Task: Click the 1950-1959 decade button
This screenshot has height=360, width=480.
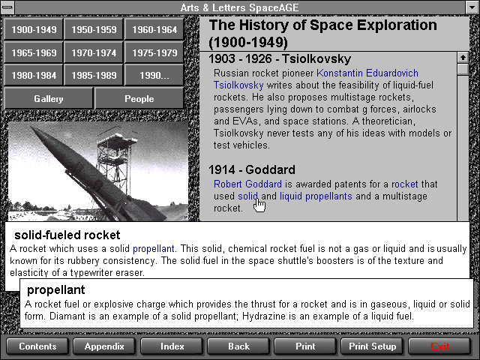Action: (x=94, y=29)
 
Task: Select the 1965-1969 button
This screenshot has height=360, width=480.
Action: (x=34, y=52)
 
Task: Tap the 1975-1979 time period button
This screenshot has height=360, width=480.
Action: (x=154, y=52)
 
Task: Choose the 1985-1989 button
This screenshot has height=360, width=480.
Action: (x=94, y=75)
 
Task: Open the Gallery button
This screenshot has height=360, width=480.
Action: (x=48, y=98)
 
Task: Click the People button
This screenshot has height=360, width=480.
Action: (x=139, y=98)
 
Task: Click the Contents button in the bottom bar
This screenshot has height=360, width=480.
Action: (x=37, y=346)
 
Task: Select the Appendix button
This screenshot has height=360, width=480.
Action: (x=104, y=346)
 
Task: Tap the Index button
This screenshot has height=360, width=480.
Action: (x=172, y=346)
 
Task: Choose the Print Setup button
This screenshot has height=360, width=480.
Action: (x=372, y=346)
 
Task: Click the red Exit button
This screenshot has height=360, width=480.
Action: (x=439, y=346)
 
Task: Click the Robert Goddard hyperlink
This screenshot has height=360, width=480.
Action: (x=247, y=184)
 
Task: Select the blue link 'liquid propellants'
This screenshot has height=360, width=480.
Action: (x=316, y=196)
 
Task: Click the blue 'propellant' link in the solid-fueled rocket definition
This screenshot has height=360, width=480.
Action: (x=153, y=249)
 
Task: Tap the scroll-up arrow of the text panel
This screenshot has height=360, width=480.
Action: (x=463, y=57)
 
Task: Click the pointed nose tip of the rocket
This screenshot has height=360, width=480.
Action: (x=31, y=127)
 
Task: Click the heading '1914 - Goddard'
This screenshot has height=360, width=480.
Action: (x=252, y=169)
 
